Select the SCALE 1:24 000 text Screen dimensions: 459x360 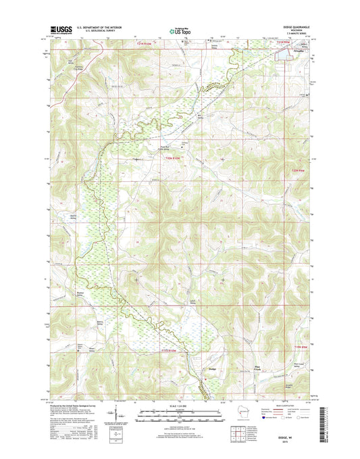pos(179,406)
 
